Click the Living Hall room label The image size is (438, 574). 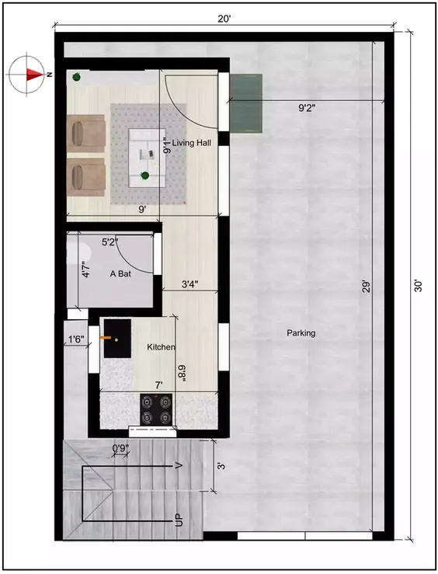click(x=192, y=143)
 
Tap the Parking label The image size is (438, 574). click(x=301, y=333)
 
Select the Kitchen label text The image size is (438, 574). click(x=161, y=347)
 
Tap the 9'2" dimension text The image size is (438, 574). click(x=313, y=110)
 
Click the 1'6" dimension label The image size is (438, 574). click(x=75, y=339)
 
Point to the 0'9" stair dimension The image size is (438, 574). click(x=120, y=448)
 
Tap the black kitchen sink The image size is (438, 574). click(x=117, y=339)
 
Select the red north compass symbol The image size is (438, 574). click(x=30, y=75)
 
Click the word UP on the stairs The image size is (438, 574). click(x=179, y=520)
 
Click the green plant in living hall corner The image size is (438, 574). click(x=77, y=77)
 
